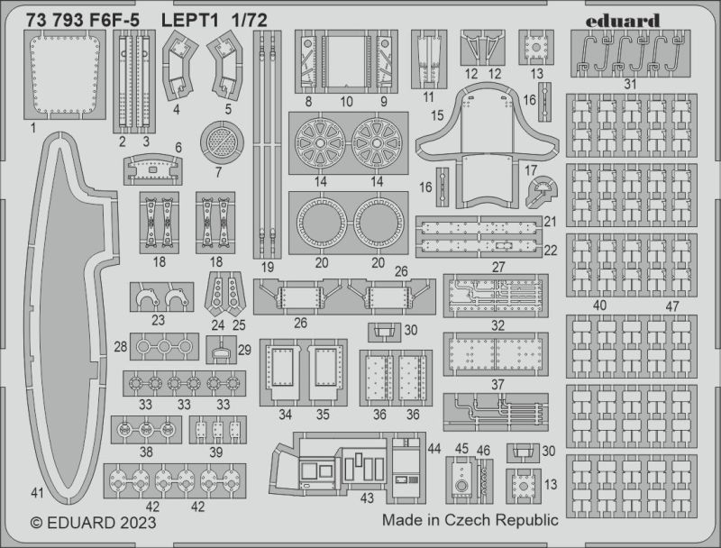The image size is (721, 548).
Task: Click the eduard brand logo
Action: point(623,21)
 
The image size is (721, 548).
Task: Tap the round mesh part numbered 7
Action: point(222,142)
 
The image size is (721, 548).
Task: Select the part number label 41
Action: point(37,493)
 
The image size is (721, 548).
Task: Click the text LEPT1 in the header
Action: point(189,20)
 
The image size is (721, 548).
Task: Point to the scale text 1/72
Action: point(250,20)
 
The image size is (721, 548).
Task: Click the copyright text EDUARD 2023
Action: point(93,523)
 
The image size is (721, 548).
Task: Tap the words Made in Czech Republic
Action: point(470,520)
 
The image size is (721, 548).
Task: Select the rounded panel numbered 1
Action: point(64,76)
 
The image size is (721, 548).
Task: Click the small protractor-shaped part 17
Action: point(543,192)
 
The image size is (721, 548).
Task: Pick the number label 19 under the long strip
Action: point(267,267)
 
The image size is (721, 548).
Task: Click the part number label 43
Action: point(367,498)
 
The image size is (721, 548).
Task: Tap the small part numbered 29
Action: point(221,351)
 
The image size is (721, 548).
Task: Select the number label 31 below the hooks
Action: point(630,84)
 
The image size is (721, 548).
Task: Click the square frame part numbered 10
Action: point(346,61)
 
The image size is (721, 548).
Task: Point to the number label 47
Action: point(672,306)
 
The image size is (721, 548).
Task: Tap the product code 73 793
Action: point(55,20)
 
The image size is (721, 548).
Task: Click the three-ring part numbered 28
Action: point(164,347)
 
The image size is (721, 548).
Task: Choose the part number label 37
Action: point(497,384)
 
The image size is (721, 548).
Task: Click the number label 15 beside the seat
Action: point(437,115)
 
